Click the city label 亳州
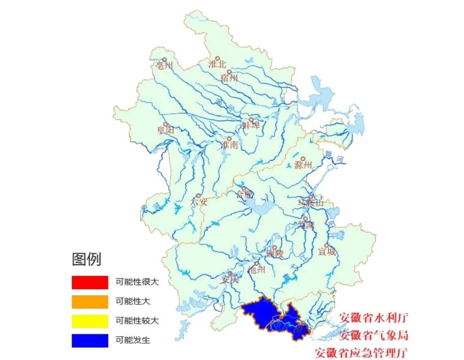(163, 66)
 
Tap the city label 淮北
(217, 64)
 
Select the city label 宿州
(228, 78)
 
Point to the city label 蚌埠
(251, 125)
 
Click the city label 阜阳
(165, 131)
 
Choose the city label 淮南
(229, 145)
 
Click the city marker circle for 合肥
(244, 189)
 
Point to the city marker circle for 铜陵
(275, 247)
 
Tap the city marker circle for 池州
(257, 264)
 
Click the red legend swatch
(90, 282)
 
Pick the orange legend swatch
(90, 302)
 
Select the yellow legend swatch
(90, 321)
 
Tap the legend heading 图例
(86, 259)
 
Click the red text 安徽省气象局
(373, 335)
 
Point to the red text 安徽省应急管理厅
(360, 353)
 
